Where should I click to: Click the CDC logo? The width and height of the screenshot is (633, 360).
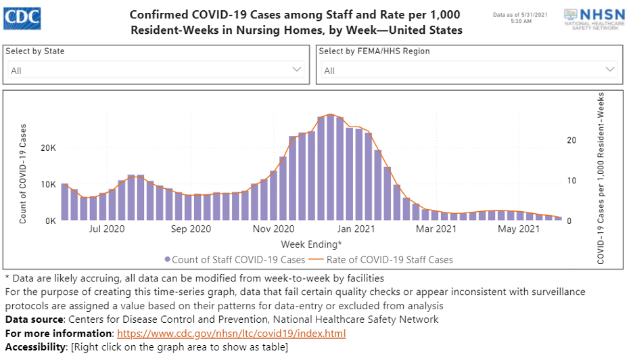pos(22,18)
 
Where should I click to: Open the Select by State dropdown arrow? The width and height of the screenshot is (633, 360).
pos(296,70)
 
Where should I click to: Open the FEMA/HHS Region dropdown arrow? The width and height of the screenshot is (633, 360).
pos(609,70)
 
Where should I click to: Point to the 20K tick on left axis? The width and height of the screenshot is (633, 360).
pos(47,148)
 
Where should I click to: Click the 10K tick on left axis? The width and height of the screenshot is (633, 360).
pos(47,184)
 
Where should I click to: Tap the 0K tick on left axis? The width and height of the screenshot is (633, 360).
pos(49,221)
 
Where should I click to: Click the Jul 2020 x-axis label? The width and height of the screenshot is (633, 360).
pos(107,229)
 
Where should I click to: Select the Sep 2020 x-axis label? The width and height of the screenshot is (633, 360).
pos(191,229)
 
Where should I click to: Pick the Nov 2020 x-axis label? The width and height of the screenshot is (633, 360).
pos(273,229)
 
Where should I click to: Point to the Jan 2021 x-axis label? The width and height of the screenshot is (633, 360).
pos(356,229)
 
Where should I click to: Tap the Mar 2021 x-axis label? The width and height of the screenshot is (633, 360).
pos(436,229)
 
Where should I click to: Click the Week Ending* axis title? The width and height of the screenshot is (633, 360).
pos(311,244)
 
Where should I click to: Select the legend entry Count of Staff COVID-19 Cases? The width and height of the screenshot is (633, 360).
pos(235,259)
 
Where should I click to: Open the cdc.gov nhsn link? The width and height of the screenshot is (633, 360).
pos(231,334)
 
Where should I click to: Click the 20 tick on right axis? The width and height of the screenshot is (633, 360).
pos(571,140)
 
